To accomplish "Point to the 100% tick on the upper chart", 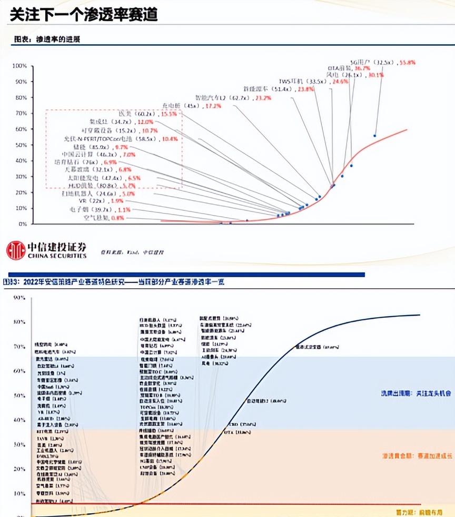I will click(x=19, y=66).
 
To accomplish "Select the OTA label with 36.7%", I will click(x=349, y=68).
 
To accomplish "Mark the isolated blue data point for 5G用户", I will click(x=375, y=136).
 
